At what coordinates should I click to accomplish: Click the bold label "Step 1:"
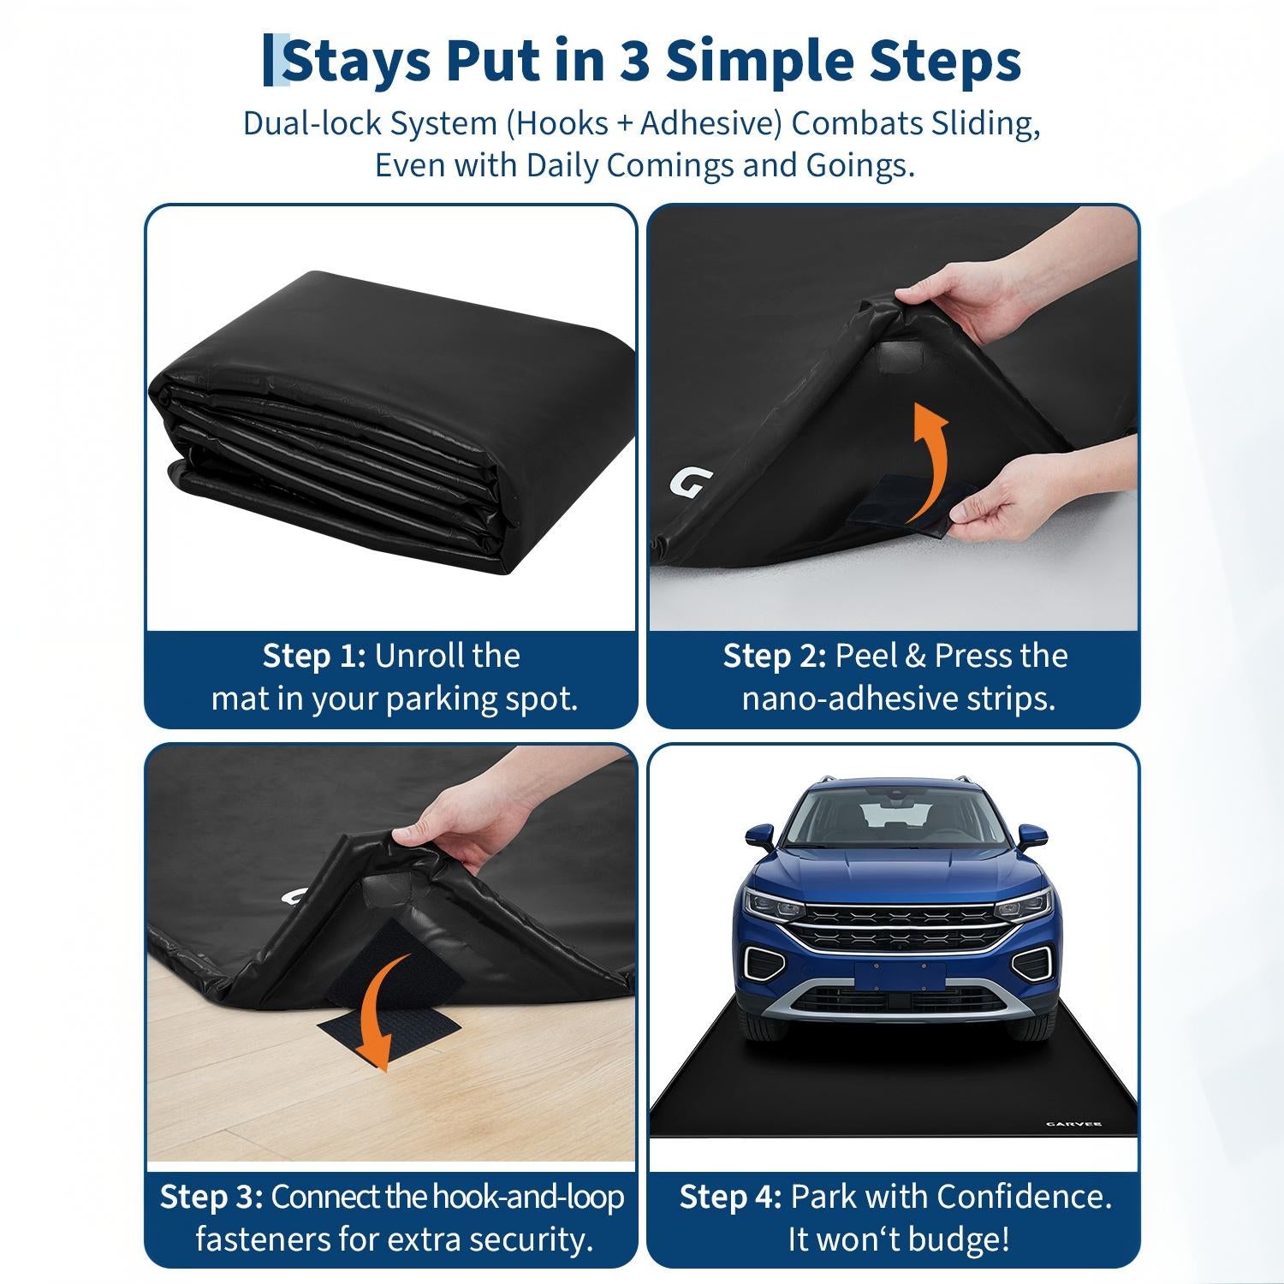[x=314, y=656]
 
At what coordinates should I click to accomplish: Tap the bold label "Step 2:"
[x=775, y=656]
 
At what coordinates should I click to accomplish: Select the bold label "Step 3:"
[x=211, y=1197]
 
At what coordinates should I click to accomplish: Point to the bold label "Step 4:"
[x=730, y=1197]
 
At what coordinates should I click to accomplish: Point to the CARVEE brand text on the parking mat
[x=1073, y=1124]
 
